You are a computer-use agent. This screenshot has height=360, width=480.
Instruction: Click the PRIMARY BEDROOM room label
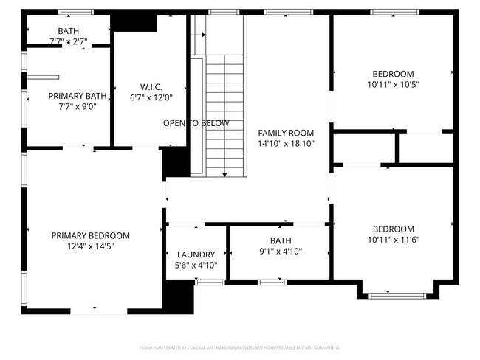[x=90, y=235]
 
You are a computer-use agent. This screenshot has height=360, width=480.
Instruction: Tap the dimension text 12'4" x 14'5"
[x=90, y=246]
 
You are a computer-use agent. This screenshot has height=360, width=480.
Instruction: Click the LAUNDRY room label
[x=196, y=254]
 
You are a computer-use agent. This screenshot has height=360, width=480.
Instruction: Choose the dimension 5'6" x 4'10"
[x=196, y=265]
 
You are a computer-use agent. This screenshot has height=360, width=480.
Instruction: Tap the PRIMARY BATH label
[x=78, y=96]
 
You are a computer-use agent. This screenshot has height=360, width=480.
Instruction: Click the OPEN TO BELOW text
[x=196, y=123]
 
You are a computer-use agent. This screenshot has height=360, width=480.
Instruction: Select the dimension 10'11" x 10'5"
[x=393, y=85]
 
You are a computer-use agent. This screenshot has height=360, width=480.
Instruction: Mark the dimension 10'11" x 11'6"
[x=393, y=240]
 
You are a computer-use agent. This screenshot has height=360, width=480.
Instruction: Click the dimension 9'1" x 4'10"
[x=281, y=252]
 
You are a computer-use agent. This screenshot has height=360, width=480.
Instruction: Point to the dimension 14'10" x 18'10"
[x=286, y=144]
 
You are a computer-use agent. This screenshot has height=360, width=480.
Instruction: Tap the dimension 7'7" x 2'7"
[x=69, y=41]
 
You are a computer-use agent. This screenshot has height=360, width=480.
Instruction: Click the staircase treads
[x=224, y=111]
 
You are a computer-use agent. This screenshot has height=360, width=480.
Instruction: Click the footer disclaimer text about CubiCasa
[x=239, y=347]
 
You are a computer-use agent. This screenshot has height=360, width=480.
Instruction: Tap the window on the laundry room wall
[x=210, y=282]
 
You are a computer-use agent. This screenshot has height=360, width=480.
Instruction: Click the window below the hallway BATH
[x=272, y=282]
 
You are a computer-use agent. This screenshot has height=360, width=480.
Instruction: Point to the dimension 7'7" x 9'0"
[x=78, y=107]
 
